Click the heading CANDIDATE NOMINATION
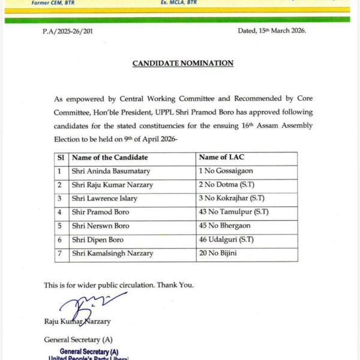click(183, 63)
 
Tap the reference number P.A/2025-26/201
click(68, 31)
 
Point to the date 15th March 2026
click(272, 30)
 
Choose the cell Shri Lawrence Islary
click(104, 199)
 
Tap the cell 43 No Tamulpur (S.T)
click(234, 212)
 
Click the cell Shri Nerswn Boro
click(100, 226)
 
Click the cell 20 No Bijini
click(218, 254)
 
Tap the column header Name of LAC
click(220, 157)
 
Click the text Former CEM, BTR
click(53, 3)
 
